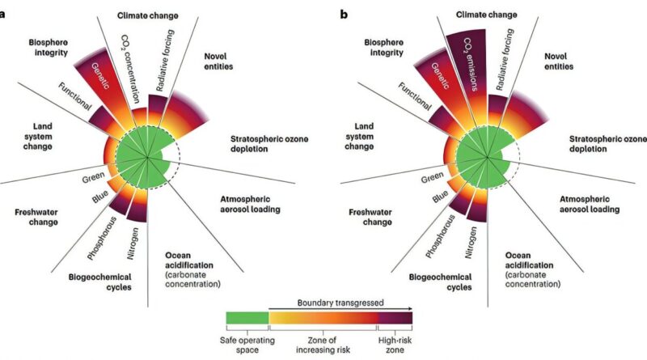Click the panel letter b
coord(345,15)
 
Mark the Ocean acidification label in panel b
coord(536,271)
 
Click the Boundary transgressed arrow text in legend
coord(340,299)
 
